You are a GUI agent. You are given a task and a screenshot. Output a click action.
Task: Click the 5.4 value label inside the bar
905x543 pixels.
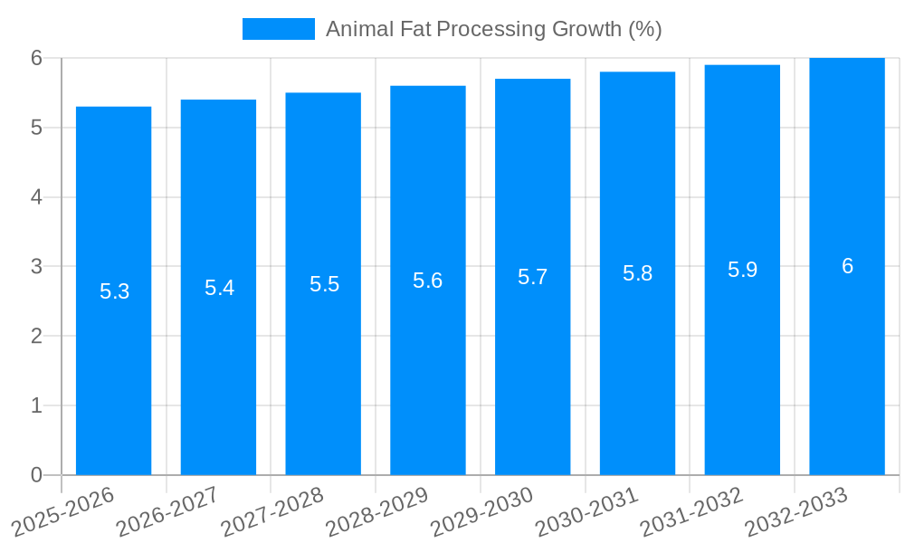(219, 288)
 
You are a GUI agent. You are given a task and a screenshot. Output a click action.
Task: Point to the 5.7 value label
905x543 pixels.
(532, 277)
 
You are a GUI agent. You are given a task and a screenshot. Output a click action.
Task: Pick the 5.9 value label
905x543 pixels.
(742, 270)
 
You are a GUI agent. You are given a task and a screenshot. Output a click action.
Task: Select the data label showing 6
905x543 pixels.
(847, 266)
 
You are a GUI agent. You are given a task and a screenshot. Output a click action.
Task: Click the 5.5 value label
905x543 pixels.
(324, 284)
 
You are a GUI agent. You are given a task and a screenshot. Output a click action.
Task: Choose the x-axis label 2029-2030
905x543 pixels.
(481, 510)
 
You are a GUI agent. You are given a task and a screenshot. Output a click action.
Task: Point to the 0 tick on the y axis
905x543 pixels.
(36, 475)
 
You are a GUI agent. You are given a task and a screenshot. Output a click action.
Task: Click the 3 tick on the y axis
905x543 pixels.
(36, 267)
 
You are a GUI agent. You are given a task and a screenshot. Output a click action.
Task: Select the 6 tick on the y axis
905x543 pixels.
(36, 58)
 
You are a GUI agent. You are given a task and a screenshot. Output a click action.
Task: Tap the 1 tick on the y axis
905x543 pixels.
(36, 405)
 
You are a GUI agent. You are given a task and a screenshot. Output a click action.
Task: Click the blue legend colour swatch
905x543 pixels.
(278, 29)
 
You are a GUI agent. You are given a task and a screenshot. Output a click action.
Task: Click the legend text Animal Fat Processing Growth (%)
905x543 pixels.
(493, 29)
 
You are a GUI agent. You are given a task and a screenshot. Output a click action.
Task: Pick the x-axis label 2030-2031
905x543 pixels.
(586, 510)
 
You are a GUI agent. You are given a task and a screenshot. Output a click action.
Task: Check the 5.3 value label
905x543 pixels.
(114, 291)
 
